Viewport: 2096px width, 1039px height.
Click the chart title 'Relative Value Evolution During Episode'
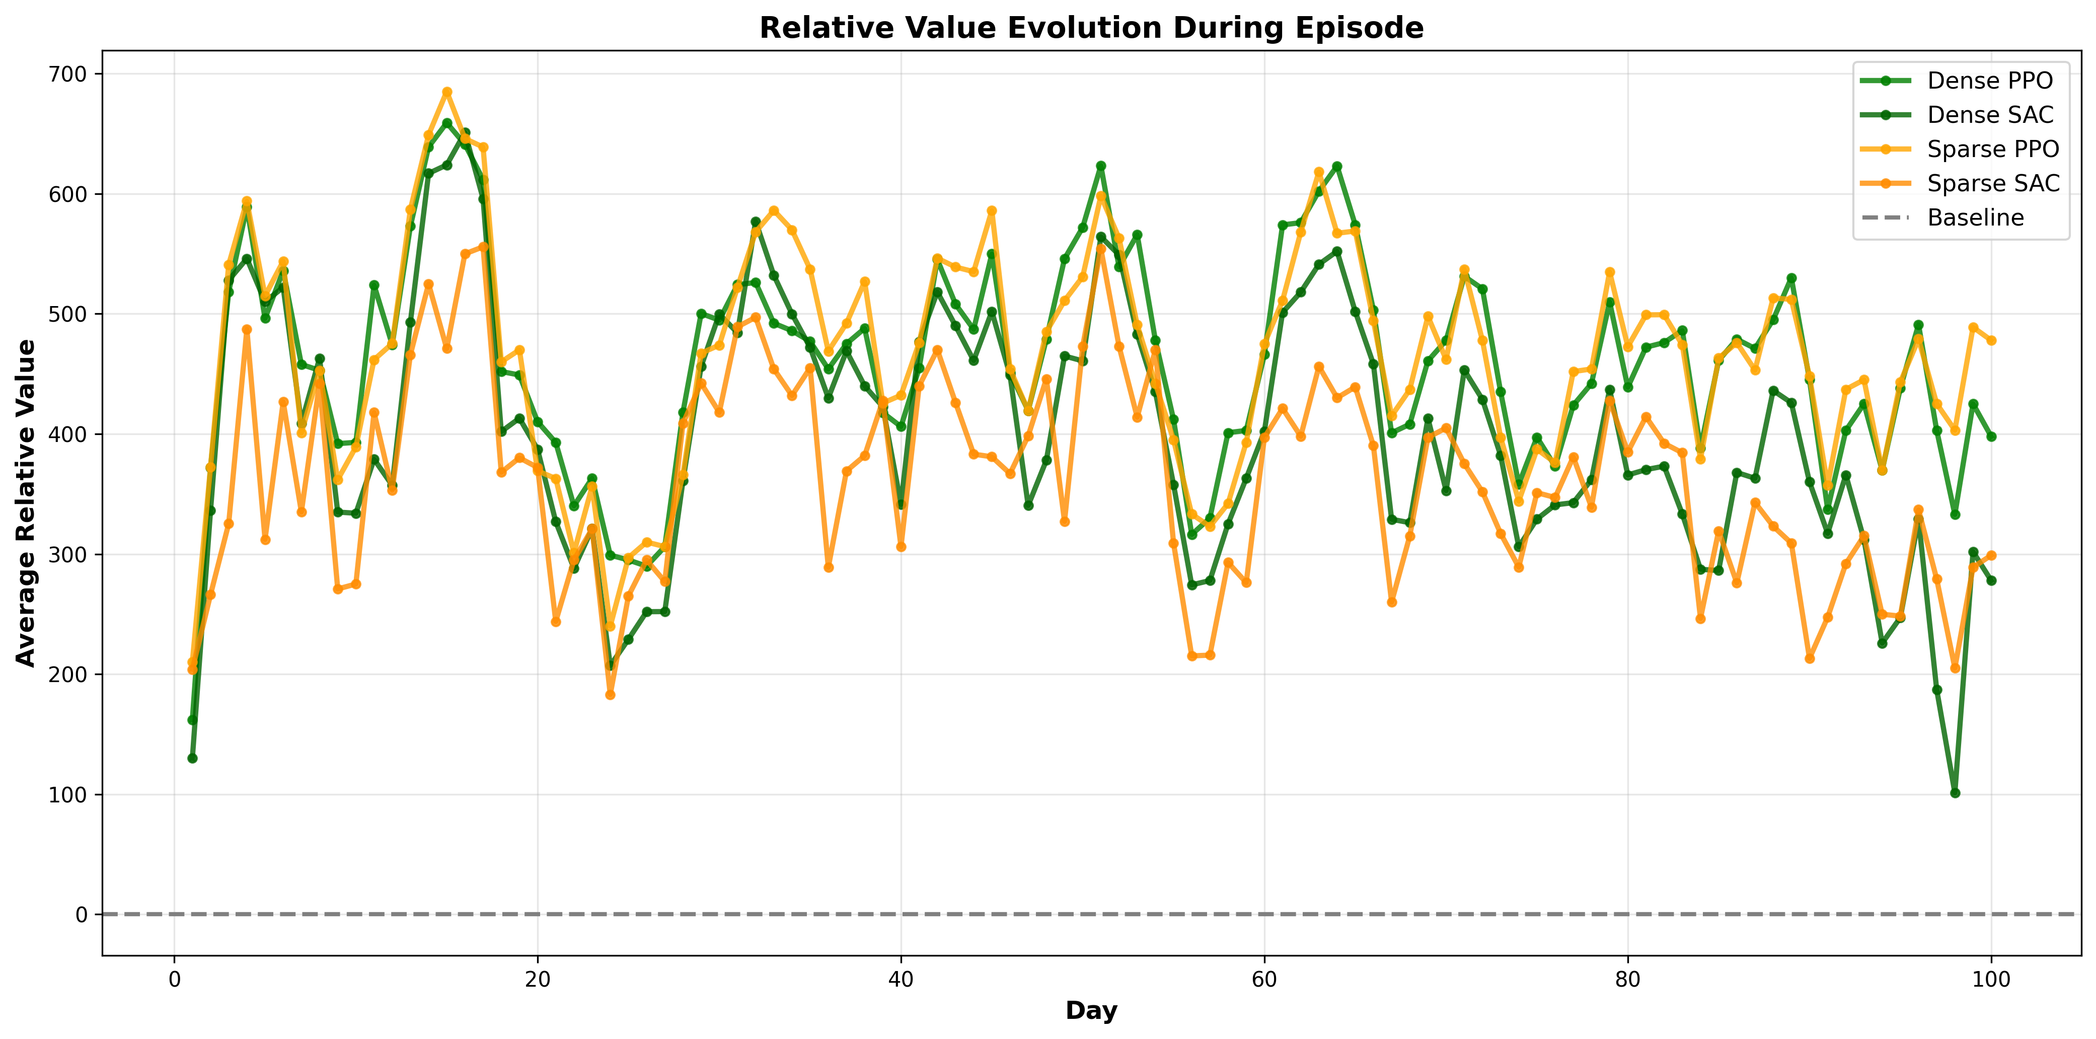1091,29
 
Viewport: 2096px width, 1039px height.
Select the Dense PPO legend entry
1989,81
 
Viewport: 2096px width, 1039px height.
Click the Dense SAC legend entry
1989,115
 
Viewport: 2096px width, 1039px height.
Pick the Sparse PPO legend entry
1992,149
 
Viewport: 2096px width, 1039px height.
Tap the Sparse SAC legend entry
1992,183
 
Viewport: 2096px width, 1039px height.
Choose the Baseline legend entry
1975,218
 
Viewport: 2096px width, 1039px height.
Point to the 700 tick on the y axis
68,74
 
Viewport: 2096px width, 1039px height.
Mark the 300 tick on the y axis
68,555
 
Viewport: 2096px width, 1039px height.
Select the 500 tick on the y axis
68,314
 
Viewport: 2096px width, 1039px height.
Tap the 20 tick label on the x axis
537,979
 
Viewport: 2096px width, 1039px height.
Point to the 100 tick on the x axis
1991,979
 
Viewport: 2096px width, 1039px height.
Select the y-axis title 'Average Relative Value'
26,503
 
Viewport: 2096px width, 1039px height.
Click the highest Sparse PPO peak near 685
446,92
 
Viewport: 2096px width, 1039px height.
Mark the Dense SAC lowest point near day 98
1955,792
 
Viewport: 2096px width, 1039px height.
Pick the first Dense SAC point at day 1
192,758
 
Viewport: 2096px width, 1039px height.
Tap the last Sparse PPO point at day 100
1991,341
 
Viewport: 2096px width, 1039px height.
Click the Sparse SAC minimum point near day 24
610,695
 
